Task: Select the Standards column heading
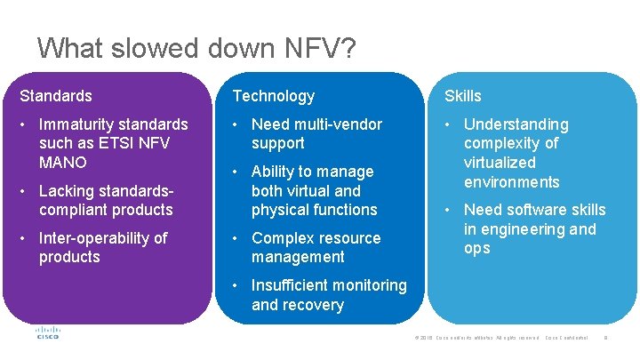pyautogui.click(x=56, y=96)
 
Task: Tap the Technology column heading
pyautogui.click(x=274, y=96)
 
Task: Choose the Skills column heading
pyautogui.click(x=463, y=96)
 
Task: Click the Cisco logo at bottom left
pyautogui.click(x=47, y=333)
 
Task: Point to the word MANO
pyautogui.click(x=63, y=163)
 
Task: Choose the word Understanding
pyautogui.click(x=516, y=124)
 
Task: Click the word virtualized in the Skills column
pyautogui.click(x=500, y=163)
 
